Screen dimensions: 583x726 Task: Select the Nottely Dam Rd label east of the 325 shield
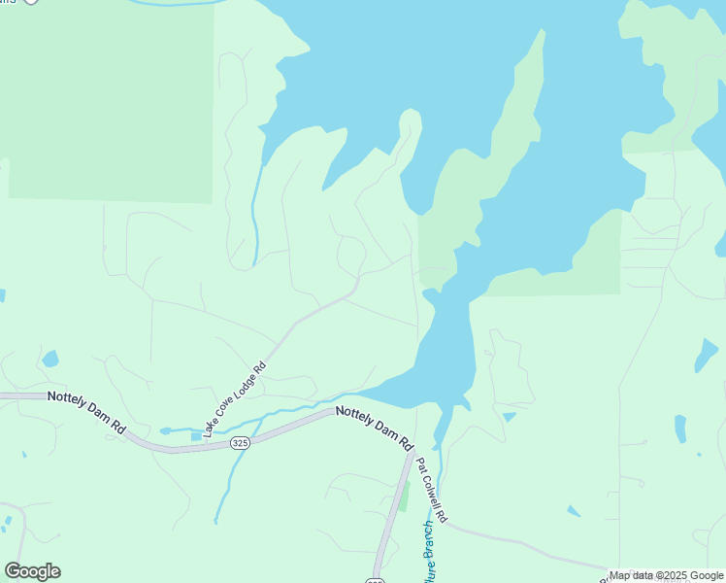[374, 428]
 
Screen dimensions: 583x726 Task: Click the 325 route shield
[241, 443]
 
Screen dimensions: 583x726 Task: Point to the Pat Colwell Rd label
[432, 492]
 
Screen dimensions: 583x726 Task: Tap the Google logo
[32, 571]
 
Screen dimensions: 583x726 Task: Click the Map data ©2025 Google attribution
[667, 575]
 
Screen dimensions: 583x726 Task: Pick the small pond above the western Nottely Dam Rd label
[49, 359]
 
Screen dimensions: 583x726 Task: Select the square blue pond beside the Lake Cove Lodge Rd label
[197, 436]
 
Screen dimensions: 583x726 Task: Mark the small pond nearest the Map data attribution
[574, 511]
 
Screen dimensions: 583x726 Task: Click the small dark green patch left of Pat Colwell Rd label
[404, 497]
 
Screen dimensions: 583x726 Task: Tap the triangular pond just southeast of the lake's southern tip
[509, 417]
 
